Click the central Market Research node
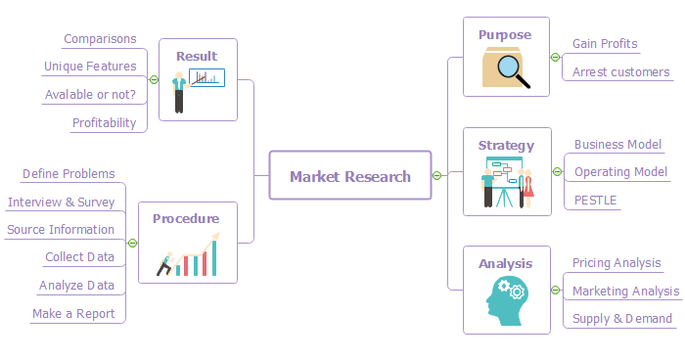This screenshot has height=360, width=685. [x=349, y=176]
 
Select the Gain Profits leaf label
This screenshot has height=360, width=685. [x=605, y=44]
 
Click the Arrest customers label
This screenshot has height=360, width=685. [x=620, y=71]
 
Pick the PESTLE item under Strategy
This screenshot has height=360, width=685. [x=595, y=200]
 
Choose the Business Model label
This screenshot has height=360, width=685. [x=617, y=144]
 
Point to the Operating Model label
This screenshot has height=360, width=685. [x=620, y=172]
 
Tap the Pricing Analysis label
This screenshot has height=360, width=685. [x=616, y=262]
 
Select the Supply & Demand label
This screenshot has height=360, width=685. [x=622, y=318]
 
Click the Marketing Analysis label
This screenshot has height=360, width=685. [x=625, y=291]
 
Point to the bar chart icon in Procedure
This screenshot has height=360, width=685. [x=190, y=256]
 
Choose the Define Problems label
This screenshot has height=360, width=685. [x=68, y=173]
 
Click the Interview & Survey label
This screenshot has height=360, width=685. [x=61, y=202]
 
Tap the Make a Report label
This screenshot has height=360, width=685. [x=73, y=314]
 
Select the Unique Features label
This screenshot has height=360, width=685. [x=90, y=67]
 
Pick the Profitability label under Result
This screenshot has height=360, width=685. [x=104, y=123]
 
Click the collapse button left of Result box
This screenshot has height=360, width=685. [x=154, y=80]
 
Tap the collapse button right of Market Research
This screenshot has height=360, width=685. [x=436, y=176]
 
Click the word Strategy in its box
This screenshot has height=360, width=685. [x=506, y=146]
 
